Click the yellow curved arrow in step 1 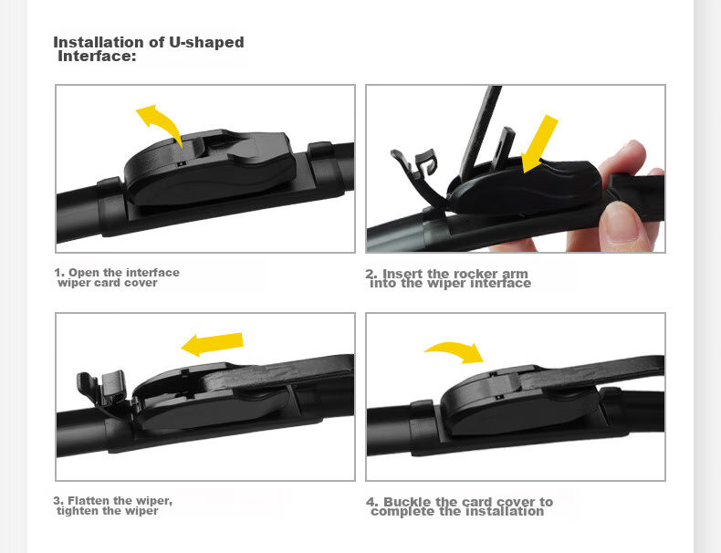pyautogui.click(x=161, y=120)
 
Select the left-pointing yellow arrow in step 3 pyautogui.click(x=212, y=344)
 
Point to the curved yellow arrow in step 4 pyautogui.click(x=456, y=350)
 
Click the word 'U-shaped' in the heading pyautogui.click(x=206, y=42)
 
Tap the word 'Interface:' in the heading pyautogui.click(x=97, y=56)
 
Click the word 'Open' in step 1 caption pyautogui.click(x=85, y=273)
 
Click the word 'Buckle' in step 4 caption pyautogui.click(x=407, y=502)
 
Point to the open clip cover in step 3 pyautogui.click(x=102, y=389)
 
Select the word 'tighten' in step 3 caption pyautogui.click(x=75, y=511)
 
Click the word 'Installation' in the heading pyautogui.click(x=100, y=42)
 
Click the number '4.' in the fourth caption pyautogui.click(x=373, y=502)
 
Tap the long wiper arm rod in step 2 pyautogui.click(x=480, y=128)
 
